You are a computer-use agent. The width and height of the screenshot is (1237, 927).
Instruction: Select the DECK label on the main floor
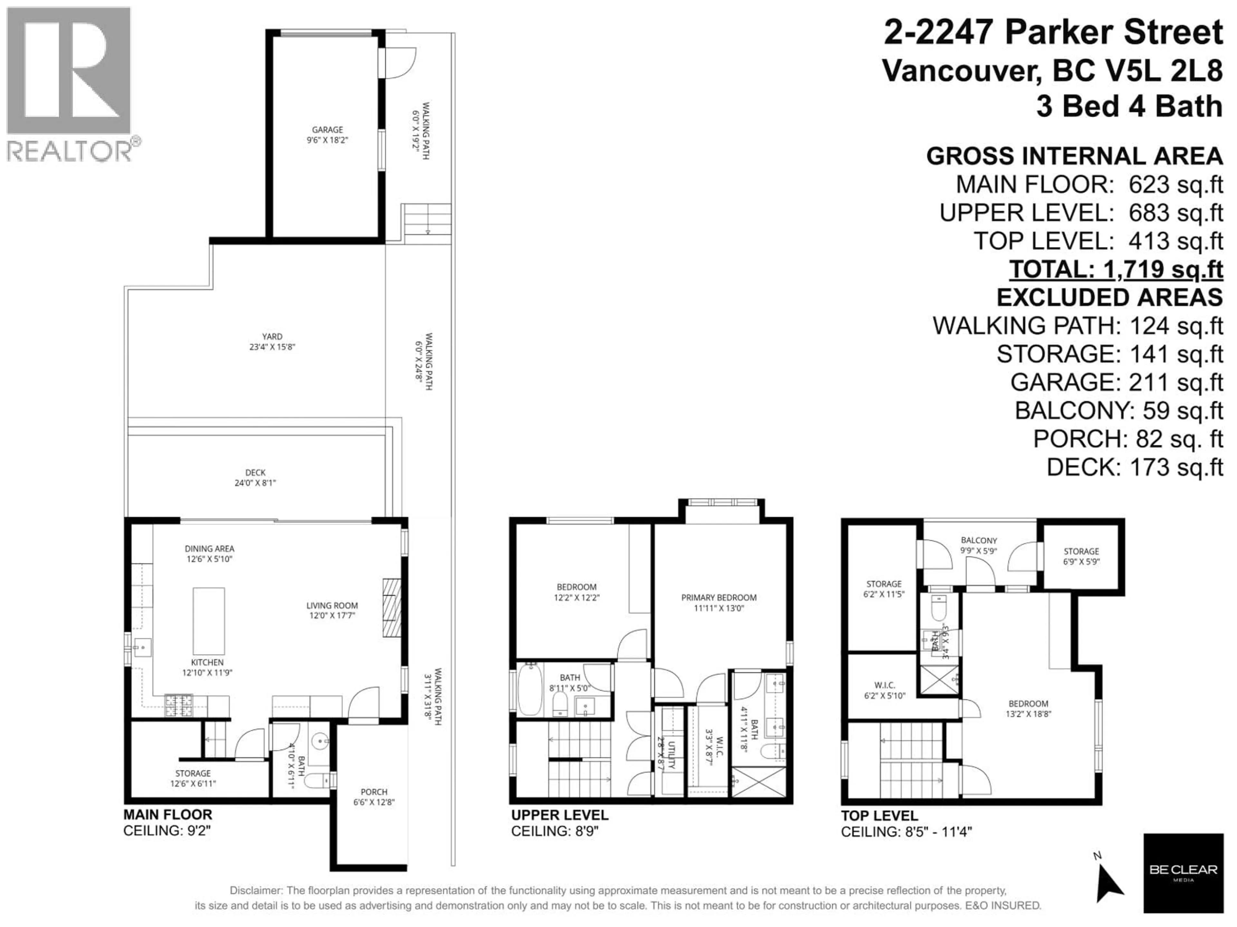tap(255, 477)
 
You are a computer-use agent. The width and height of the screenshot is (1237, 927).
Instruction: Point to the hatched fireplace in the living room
tap(391, 607)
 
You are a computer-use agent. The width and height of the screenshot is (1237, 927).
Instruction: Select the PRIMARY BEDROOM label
tap(719, 602)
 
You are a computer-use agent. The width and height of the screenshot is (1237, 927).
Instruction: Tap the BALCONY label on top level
tap(979, 545)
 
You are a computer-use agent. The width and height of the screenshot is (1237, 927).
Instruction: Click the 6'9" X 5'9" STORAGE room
tap(1081, 556)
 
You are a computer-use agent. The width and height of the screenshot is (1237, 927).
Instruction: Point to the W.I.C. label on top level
tap(884, 689)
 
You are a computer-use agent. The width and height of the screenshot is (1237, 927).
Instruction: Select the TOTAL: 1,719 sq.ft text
tap(1116, 269)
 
